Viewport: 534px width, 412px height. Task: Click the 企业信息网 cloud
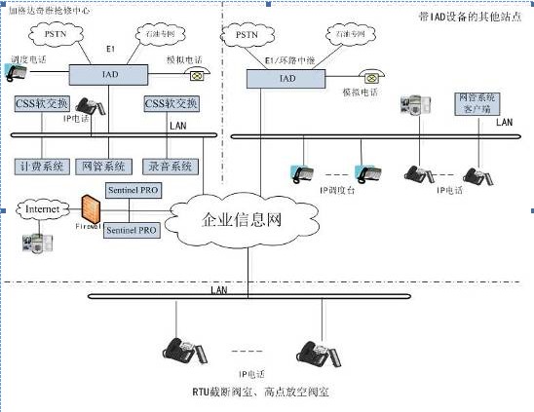(241, 219)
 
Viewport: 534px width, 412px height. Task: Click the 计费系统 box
(42, 166)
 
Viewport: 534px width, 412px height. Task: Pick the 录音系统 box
(170, 166)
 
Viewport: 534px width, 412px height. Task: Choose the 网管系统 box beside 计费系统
(105, 166)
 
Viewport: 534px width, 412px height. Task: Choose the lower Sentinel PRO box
(132, 231)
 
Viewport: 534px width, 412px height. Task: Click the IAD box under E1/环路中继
(286, 79)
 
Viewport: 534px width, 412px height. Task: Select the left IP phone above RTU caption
(182, 349)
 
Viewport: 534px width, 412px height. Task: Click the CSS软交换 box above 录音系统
(172, 103)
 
